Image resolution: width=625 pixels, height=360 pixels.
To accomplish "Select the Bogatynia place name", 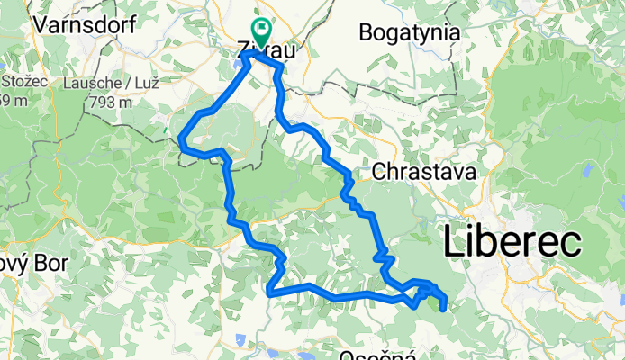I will (x=410, y=33).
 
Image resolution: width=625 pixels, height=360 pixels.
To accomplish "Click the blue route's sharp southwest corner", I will (x=269, y=291).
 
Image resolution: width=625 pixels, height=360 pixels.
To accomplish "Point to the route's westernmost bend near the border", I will (x=181, y=139).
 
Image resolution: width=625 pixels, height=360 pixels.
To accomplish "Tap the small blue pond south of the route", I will (x=241, y=341).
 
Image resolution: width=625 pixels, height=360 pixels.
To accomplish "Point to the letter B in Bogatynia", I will (x=366, y=33).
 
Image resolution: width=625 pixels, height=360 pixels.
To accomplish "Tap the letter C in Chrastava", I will (x=379, y=170).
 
